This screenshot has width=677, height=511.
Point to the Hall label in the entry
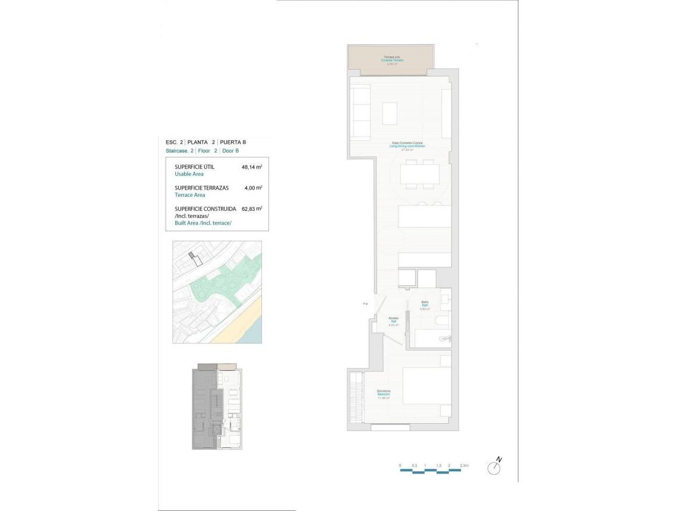pos(393,321)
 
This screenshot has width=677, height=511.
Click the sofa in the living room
pos(360,111)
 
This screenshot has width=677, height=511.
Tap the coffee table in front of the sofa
pos(390,113)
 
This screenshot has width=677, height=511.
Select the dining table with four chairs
pos(420,174)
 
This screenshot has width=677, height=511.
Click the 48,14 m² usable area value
pos(252,168)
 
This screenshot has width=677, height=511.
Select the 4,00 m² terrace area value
pos(253,188)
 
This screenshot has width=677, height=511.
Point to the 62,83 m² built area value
pos(252,209)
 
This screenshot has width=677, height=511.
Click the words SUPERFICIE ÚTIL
pos(195,167)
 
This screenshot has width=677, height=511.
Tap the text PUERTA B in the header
pos(233,142)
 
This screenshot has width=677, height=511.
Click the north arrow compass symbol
pos(494,468)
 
